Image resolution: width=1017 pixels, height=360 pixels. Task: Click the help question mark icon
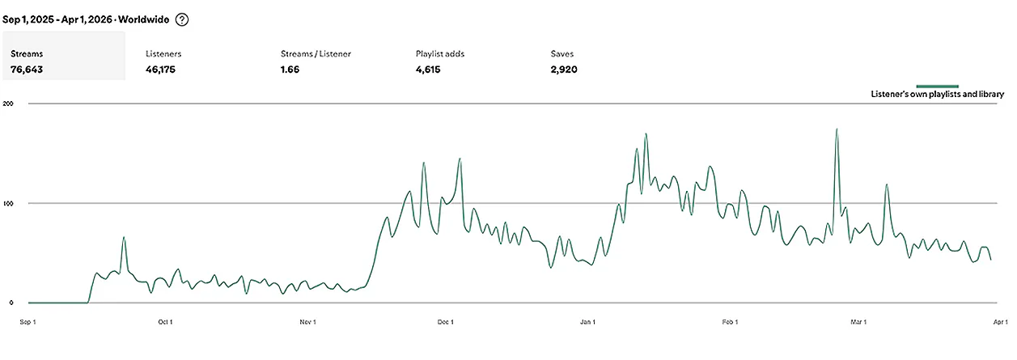coord(182,19)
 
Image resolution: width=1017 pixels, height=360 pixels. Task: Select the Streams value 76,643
coord(27,70)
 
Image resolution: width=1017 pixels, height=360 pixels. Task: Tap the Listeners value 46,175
coord(160,70)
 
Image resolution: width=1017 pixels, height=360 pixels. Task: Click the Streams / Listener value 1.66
coord(290,70)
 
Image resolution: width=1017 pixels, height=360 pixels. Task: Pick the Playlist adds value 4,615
coord(428,70)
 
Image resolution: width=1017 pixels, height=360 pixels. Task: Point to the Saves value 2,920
coord(564,70)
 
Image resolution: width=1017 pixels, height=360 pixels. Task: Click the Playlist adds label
coord(440,53)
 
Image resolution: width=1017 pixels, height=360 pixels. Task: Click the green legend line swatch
coord(937,86)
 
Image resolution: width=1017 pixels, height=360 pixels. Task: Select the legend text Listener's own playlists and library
coord(937,94)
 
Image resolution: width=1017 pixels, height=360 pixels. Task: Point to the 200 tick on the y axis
coord(8,104)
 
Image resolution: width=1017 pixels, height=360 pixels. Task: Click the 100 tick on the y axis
coord(8,203)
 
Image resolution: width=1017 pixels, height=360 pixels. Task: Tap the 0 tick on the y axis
coord(11,303)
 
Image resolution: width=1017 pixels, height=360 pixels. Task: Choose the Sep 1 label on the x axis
coord(28,322)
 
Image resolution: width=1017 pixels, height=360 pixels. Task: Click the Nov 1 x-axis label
coord(307,322)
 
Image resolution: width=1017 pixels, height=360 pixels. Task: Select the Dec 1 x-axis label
coord(445,322)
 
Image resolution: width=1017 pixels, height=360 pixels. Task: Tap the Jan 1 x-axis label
coord(587,322)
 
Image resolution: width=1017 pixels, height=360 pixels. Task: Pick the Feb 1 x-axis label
coord(730,322)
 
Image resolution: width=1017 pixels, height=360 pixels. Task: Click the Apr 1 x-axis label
coord(1001,322)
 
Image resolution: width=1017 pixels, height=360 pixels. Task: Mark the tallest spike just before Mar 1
coord(837,129)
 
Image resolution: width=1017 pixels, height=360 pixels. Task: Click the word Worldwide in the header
coord(143,19)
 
